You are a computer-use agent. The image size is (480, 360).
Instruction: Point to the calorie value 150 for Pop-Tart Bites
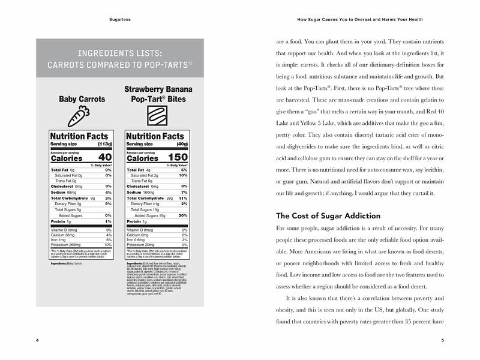177,157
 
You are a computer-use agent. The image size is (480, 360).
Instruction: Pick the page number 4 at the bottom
38,340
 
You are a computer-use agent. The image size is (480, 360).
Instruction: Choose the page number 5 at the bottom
442,340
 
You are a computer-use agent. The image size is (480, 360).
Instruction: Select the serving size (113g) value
104,143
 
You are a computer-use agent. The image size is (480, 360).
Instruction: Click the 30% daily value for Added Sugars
184,215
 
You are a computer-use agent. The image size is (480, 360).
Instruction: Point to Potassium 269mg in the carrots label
67,244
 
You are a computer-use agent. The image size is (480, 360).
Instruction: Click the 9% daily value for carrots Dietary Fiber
108,203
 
